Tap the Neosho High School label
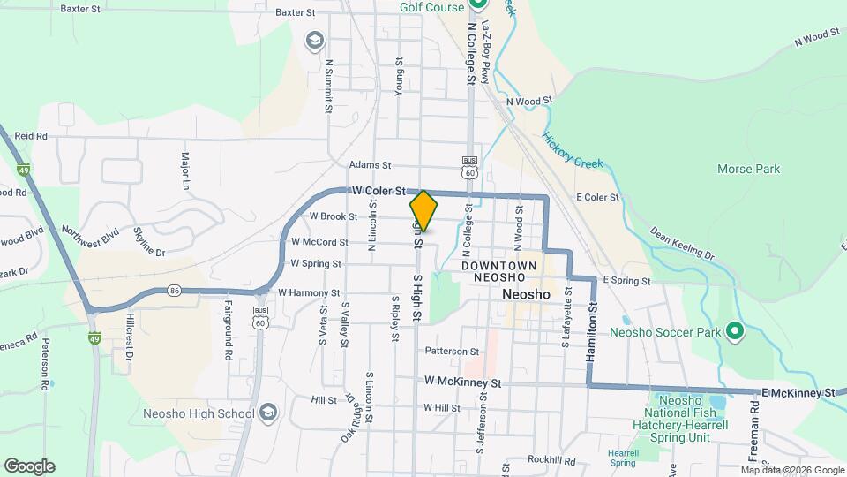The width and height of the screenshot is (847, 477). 199,413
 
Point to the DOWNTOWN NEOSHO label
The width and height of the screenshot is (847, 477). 499,272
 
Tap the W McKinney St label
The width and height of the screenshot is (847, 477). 462,382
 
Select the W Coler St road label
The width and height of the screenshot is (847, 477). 377,191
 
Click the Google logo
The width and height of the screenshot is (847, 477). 29,466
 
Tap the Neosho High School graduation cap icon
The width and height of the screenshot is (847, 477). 268,413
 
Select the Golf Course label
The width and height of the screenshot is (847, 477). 431,7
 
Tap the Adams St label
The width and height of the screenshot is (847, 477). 369,164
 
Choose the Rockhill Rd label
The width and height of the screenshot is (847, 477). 551,460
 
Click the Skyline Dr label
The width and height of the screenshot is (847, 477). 149,240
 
